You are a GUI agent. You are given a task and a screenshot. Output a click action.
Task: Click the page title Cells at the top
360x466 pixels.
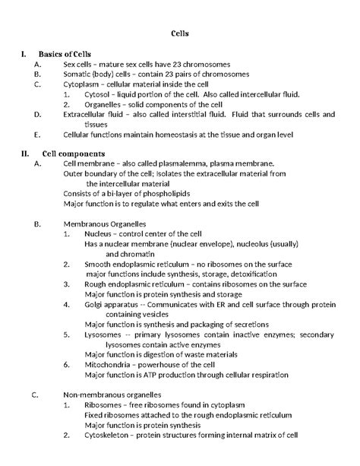[x=179, y=34]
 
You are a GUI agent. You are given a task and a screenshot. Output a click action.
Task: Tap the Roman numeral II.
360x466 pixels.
[x=24, y=153]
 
